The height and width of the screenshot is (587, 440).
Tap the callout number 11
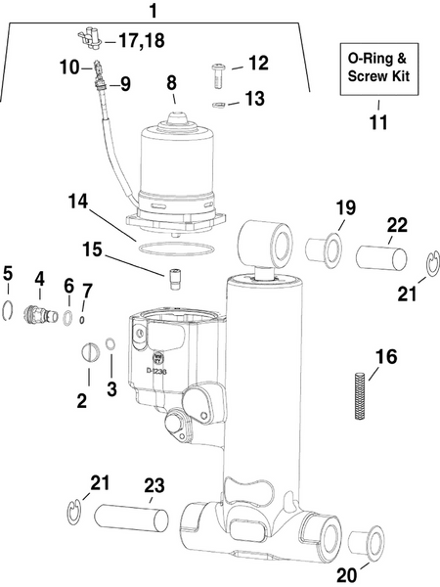click(377, 123)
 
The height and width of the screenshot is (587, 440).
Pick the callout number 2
click(82, 400)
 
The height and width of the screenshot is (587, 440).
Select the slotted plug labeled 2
click(86, 349)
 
